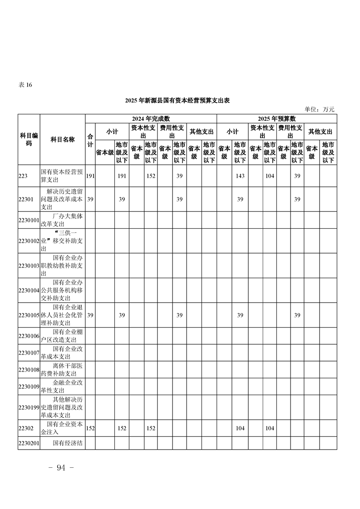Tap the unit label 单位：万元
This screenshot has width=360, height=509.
pyautogui.click(x=319, y=109)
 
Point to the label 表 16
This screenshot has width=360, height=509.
pyautogui.click(x=25, y=85)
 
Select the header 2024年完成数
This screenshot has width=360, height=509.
pyautogui.click(x=151, y=118)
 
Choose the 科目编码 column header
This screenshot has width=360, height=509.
pyautogui.click(x=29, y=139)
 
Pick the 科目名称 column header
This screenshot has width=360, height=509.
pyautogui.click(x=63, y=139)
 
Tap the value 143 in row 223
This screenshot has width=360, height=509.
pyautogui.click(x=240, y=176)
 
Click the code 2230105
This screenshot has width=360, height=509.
pyautogui.click(x=29, y=315)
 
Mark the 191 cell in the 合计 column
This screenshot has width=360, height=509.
pyautogui.click(x=90, y=176)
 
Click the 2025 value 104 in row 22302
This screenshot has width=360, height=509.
pyautogui.click(x=269, y=428)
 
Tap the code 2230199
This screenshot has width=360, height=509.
pyautogui.click(x=29, y=407)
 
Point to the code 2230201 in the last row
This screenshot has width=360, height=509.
pyautogui.click(x=29, y=443)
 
